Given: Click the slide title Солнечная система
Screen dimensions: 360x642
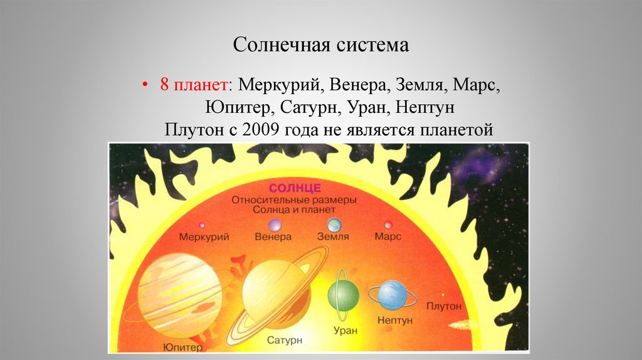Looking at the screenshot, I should coord(320,45).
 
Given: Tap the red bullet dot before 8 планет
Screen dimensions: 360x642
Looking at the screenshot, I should coord(146,85).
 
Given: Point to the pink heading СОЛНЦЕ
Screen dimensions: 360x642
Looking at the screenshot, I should coord(295,188).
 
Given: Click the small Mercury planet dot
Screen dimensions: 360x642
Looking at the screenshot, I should coord(202,225).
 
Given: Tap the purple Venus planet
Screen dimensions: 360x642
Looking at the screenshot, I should coord(274,225).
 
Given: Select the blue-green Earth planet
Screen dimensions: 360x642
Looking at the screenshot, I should coord(334,225).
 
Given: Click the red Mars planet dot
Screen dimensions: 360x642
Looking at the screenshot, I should coord(387,225).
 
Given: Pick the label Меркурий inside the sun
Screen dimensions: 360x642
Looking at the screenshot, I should coord(204,238).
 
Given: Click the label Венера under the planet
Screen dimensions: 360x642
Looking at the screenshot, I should coord(273,238).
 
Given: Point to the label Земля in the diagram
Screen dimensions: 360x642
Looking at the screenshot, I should coord(333,238).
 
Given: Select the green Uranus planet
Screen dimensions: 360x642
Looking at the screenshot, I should coord(343,295).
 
